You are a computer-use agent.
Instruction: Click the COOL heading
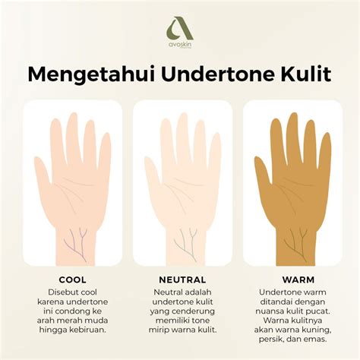click(72, 279)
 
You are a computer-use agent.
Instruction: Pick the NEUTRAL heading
click(182, 279)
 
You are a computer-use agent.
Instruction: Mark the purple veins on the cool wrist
click(76, 242)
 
